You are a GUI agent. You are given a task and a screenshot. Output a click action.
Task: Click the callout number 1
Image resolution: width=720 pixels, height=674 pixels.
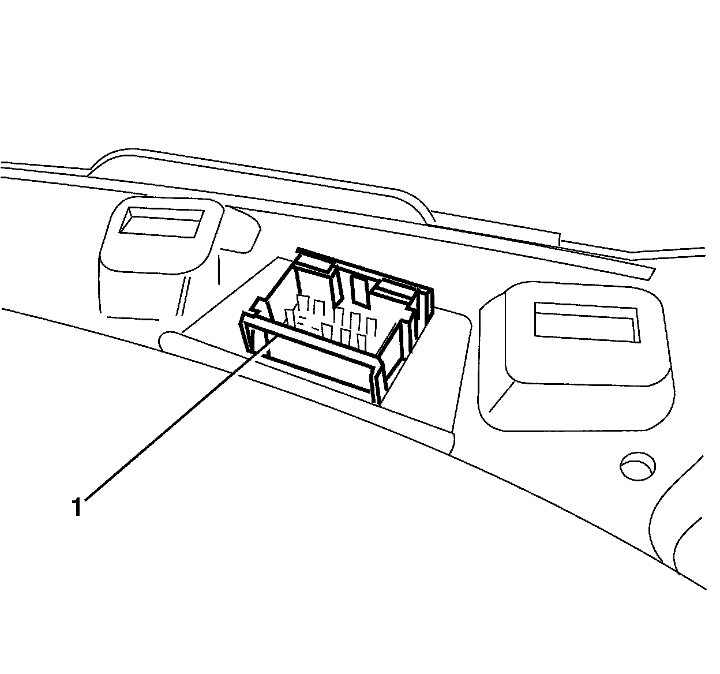pyautogui.click(x=77, y=507)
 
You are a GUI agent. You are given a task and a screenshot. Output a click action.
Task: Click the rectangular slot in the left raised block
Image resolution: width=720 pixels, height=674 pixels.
pyautogui.click(x=161, y=222)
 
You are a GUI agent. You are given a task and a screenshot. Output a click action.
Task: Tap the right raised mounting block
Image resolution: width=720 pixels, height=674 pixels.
pyautogui.click(x=577, y=358)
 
